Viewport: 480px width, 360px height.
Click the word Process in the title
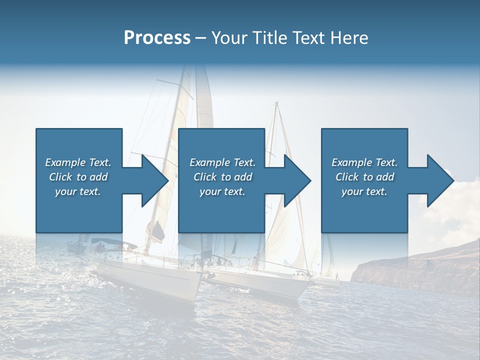[157, 38]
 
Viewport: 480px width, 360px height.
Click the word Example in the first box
[64, 162]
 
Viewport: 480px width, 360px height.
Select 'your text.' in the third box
[364, 191]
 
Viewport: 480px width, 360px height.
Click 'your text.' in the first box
[78, 191]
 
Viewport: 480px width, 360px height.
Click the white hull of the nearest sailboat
[150, 280]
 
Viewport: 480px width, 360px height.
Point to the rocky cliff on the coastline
[415, 270]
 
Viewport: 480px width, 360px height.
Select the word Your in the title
[230, 38]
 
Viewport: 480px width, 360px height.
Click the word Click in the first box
[60, 177]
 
